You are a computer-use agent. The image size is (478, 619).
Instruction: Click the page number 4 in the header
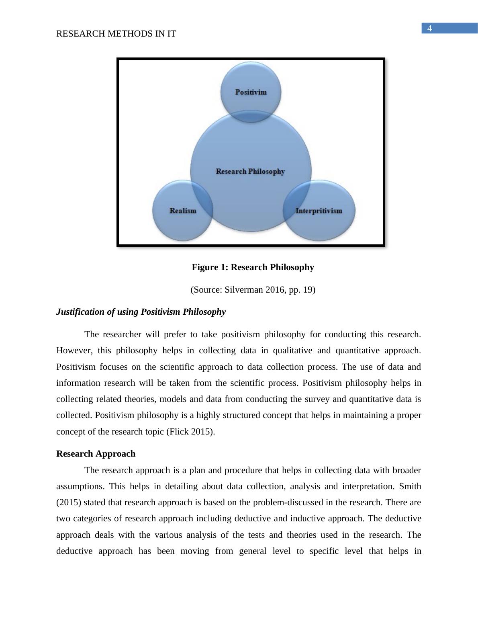(x=429, y=29)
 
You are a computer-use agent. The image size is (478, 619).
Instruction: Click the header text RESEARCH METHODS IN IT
(x=116, y=34)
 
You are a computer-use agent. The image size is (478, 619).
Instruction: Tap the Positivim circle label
(x=251, y=92)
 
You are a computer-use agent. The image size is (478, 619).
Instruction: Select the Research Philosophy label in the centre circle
(x=250, y=171)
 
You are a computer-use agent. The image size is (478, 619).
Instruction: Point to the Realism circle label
(x=183, y=211)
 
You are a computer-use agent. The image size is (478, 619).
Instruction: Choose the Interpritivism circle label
(x=319, y=211)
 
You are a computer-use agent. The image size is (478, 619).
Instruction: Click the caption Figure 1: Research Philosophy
(x=253, y=267)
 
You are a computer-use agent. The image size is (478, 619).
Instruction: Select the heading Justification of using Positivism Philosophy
(x=141, y=312)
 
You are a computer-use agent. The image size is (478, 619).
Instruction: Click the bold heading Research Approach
(x=96, y=454)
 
